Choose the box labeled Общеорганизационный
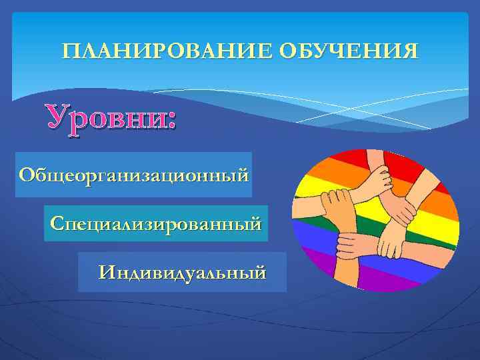click(133, 175)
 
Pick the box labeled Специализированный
click(155, 223)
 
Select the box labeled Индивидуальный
click(181, 272)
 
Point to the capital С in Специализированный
click(56, 223)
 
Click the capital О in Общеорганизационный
click(27, 175)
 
